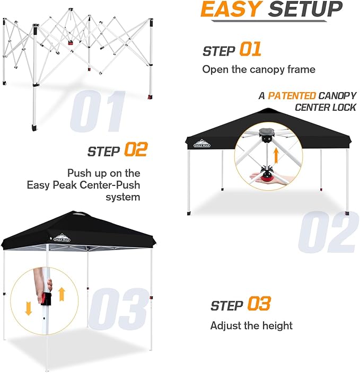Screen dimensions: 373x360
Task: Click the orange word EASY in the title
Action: (x=231, y=10)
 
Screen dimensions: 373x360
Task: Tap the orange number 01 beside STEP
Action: (x=250, y=50)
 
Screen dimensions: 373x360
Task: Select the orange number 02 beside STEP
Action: (x=135, y=150)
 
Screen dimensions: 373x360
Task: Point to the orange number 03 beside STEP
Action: (x=258, y=304)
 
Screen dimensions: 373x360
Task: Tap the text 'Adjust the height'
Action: (x=251, y=325)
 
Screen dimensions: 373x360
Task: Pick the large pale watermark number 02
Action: (x=327, y=232)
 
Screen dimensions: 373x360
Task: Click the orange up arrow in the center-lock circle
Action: (x=276, y=155)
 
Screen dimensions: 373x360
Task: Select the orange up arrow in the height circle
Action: (x=62, y=293)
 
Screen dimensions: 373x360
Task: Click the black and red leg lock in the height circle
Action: (x=46, y=298)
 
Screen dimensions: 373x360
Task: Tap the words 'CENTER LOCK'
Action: (x=326, y=108)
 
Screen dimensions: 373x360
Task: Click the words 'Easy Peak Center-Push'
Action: (x=84, y=185)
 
